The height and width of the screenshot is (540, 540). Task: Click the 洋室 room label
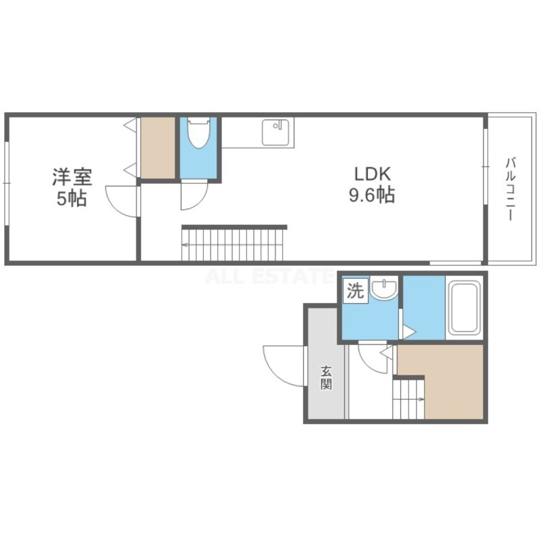[72, 177]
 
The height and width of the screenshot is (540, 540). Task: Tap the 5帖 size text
[72, 198]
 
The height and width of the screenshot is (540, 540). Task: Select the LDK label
[373, 174]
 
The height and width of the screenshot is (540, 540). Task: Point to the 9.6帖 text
[372, 195]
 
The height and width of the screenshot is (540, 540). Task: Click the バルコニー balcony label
[511, 189]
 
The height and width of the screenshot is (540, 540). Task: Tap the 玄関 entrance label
[326, 378]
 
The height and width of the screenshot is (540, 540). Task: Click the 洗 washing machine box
[355, 291]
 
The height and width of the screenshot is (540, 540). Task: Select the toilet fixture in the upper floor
[198, 133]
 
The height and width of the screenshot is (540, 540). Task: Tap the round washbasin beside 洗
[384, 290]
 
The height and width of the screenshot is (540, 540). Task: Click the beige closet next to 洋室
[158, 148]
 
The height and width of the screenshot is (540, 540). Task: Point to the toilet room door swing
[194, 195]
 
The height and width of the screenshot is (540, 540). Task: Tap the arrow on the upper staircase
[184, 245]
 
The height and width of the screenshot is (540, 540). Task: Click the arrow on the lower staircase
[421, 400]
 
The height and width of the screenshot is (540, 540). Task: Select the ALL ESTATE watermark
[269, 276]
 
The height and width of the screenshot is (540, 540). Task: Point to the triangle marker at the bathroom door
[409, 333]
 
